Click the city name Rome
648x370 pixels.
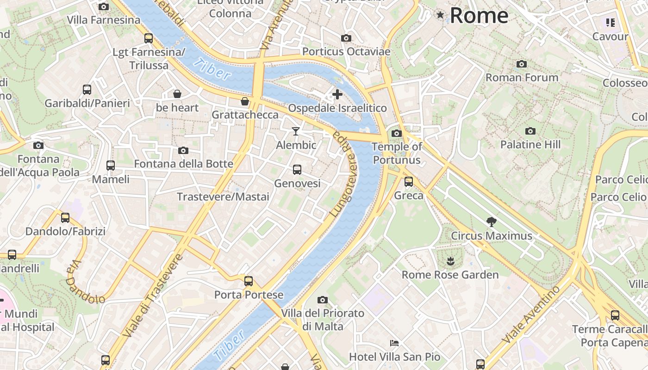pyautogui.click(x=479, y=16)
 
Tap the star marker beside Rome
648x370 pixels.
pyautogui.click(x=440, y=15)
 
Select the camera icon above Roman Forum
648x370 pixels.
pyautogui.click(x=522, y=64)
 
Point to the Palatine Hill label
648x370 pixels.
pyautogui.click(x=530, y=145)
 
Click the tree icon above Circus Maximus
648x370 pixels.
pyautogui.click(x=492, y=222)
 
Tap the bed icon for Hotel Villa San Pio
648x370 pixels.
pyautogui.click(x=394, y=343)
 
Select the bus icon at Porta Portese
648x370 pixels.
pyautogui.click(x=249, y=281)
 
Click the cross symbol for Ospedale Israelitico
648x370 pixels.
pyautogui.click(x=337, y=94)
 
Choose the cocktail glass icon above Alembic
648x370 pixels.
pyautogui.click(x=296, y=131)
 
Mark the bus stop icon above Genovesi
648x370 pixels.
pyautogui.click(x=297, y=170)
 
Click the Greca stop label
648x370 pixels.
pyautogui.click(x=409, y=196)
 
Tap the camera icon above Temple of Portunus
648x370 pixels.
pyautogui.click(x=397, y=134)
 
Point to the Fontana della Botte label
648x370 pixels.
pyautogui.click(x=184, y=164)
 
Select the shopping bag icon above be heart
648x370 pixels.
pyautogui.click(x=177, y=94)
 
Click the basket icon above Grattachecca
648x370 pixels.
pyautogui.click(x=245, y=101)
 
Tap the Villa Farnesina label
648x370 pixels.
pyautogui.click(x=104, y=20)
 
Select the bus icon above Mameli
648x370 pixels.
pyautogui.click(x=111, y=166)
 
